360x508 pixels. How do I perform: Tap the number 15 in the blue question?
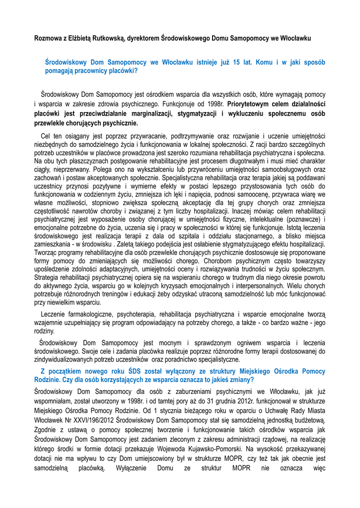(x=236, y=63)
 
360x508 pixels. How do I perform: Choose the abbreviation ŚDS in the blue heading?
(x=134, y=371)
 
